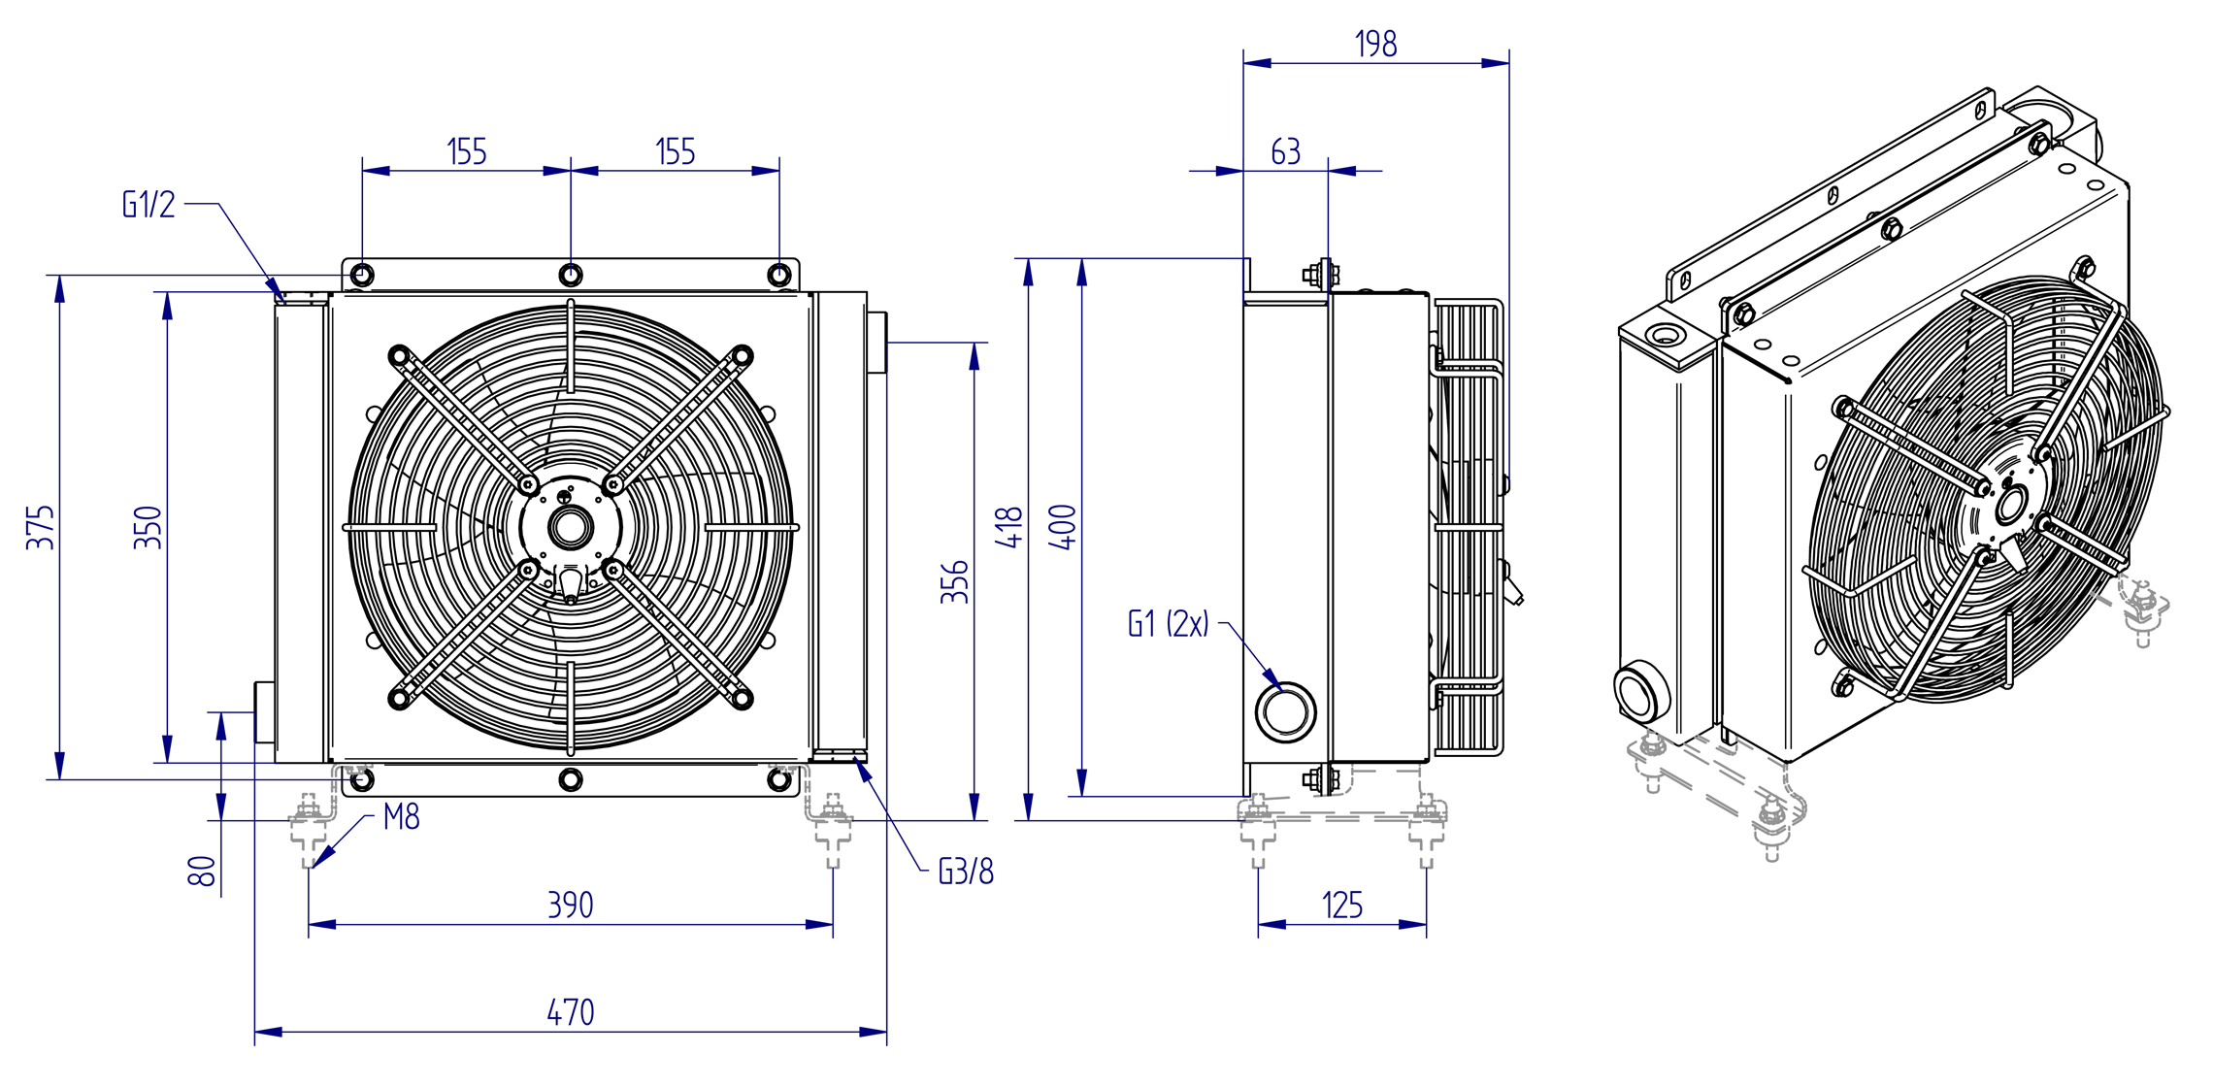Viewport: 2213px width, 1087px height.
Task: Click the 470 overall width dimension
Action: pos(571,1012)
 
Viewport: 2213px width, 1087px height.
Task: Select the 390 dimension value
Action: pos(571,905)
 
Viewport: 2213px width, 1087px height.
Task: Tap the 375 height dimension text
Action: pos(40,527)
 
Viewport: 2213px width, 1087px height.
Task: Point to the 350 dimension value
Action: pos(148,527)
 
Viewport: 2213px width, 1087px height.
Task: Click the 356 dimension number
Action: pos(955,581)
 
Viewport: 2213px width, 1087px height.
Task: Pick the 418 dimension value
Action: pos(1009,527)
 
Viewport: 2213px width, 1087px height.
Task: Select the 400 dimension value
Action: pos(1064,527)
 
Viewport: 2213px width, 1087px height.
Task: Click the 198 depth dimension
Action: pos(1376,44)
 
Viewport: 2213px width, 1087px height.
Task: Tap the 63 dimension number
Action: pos(1286,151)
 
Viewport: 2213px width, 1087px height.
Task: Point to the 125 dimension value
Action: pos(1342,906)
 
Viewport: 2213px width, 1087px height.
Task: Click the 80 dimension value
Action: pos(202,871)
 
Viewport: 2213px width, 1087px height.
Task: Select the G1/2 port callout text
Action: pos(149,205)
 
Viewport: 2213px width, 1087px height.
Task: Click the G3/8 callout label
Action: pos(966,872)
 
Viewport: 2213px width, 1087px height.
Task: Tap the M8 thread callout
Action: pos(402,817)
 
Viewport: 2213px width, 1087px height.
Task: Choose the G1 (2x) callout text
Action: pos(1169,623)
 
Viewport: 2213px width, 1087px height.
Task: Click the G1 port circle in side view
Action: pos(1285,711)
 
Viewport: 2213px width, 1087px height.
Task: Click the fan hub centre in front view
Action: pos(571,527)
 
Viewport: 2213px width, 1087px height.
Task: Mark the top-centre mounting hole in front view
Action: pos(571,275)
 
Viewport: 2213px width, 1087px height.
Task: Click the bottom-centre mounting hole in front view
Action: pos(571,779)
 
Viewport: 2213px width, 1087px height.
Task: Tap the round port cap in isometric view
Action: pos(1641,690)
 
